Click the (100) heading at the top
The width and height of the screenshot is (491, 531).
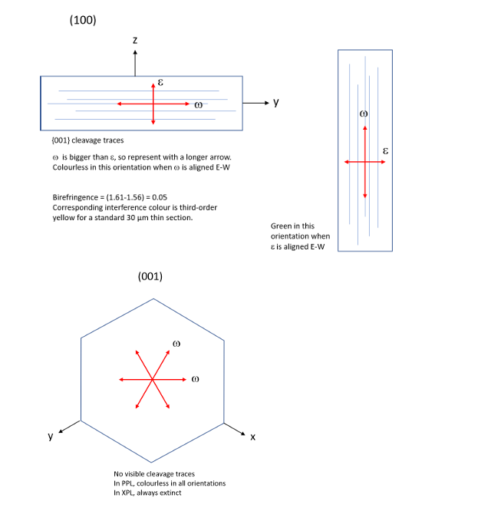coord(83,21)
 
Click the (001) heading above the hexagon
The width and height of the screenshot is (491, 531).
coord(150,277)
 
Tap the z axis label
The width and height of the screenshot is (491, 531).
coord(135,39)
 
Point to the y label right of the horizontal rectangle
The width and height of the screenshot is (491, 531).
coord(276,103)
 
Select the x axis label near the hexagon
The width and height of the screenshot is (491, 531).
coord(252,437)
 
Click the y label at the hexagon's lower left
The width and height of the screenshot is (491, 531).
coord(51,437)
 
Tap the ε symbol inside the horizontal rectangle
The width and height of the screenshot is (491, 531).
coord(160,81)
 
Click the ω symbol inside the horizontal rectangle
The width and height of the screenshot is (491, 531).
coord(198,105)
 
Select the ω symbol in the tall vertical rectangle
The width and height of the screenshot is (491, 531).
coord(364,114)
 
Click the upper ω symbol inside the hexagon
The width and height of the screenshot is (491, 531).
coord(176,345)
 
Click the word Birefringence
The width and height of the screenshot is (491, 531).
coord(75,197)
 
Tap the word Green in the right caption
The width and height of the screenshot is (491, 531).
coord(282,226)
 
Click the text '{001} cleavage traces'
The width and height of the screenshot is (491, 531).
coord(87,140)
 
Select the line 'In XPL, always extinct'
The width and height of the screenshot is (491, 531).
coord(147,493)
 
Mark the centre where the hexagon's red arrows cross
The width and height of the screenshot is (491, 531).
coord(152,378)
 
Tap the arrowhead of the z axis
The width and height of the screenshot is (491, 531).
coord(135,53)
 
